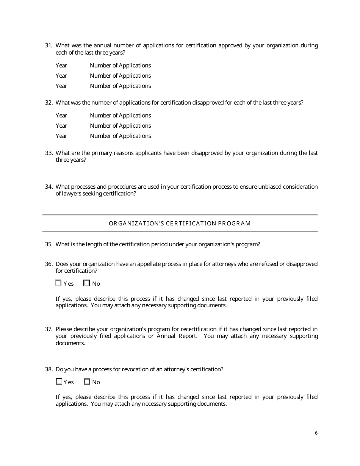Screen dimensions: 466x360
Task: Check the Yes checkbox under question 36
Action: point(58,283)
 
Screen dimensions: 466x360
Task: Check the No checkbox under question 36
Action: point(87,283)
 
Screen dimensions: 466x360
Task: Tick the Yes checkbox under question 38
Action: point(59,382)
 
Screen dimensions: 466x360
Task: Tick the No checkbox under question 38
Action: point(87,382)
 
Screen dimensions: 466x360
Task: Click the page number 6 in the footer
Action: point(316,433)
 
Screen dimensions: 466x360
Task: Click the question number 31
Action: point(49,45)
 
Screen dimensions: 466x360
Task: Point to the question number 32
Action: point(49,103)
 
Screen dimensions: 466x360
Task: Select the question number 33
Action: point(49,153)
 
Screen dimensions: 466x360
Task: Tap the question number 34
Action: point(49,187)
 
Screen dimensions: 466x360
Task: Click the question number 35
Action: point(49,244)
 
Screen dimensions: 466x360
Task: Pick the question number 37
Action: point(49,329)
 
